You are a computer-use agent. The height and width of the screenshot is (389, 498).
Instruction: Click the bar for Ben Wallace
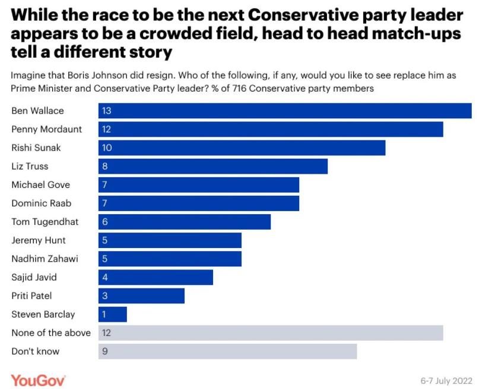(285, 111)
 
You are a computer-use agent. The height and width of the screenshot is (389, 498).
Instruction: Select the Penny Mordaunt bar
(271, 129)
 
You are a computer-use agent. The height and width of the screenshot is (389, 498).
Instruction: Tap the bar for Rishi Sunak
(242, 148)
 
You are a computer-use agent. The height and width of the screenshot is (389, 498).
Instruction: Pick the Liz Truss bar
(213, 166)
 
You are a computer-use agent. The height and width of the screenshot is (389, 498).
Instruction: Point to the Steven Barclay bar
(113, 314)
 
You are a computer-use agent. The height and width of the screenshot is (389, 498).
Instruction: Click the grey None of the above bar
(271, 332)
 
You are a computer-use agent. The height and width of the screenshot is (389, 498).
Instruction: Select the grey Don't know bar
(227, 351)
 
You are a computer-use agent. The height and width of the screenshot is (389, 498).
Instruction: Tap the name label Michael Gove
(41, 184)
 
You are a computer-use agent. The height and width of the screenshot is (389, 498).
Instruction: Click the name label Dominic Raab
(42, 203)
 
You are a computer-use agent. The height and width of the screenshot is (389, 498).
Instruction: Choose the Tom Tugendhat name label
(45, 222)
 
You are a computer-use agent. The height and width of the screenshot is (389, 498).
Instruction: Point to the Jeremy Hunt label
(39, 240)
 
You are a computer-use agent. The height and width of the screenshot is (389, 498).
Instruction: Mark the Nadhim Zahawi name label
(45, 259)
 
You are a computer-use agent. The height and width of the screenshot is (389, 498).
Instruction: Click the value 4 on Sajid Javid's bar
(105, 277)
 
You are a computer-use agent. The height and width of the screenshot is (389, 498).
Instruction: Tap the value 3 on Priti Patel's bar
(105, 296)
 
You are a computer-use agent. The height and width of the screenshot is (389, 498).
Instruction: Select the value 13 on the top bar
(107, 111)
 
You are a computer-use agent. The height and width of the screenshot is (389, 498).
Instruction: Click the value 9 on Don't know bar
(105, 351)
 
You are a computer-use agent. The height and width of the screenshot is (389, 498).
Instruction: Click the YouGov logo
(38, 379)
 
